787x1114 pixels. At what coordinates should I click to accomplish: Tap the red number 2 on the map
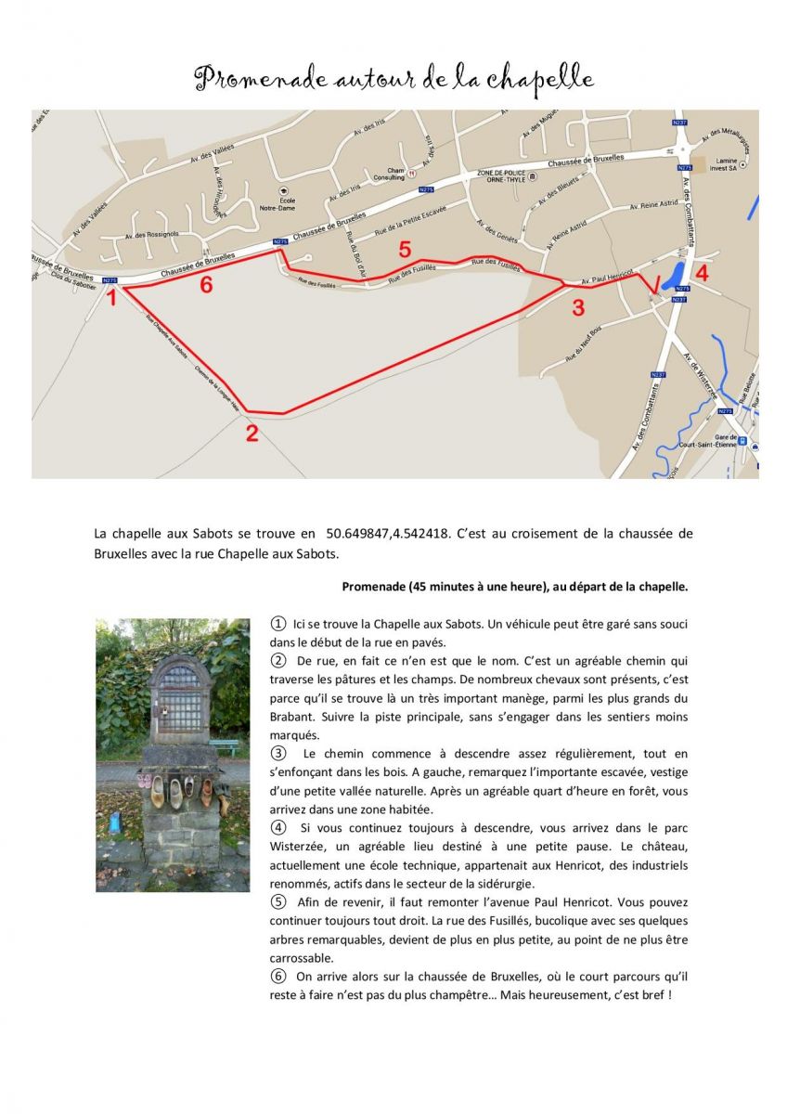(x=252, y=432)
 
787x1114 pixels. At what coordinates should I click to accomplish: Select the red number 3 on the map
(x=578, y=307)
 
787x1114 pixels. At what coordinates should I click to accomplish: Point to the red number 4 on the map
(x=702, y=273)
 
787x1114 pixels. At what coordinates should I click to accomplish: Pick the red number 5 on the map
(x=404, y=249)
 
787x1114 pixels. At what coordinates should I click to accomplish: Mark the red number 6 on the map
(x=206, y=285)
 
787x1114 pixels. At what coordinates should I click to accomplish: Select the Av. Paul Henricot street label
(x=607, y=277)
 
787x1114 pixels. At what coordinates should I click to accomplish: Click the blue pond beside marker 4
(x=675, y=275)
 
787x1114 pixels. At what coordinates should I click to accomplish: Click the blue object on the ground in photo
(x=115, y=823)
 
